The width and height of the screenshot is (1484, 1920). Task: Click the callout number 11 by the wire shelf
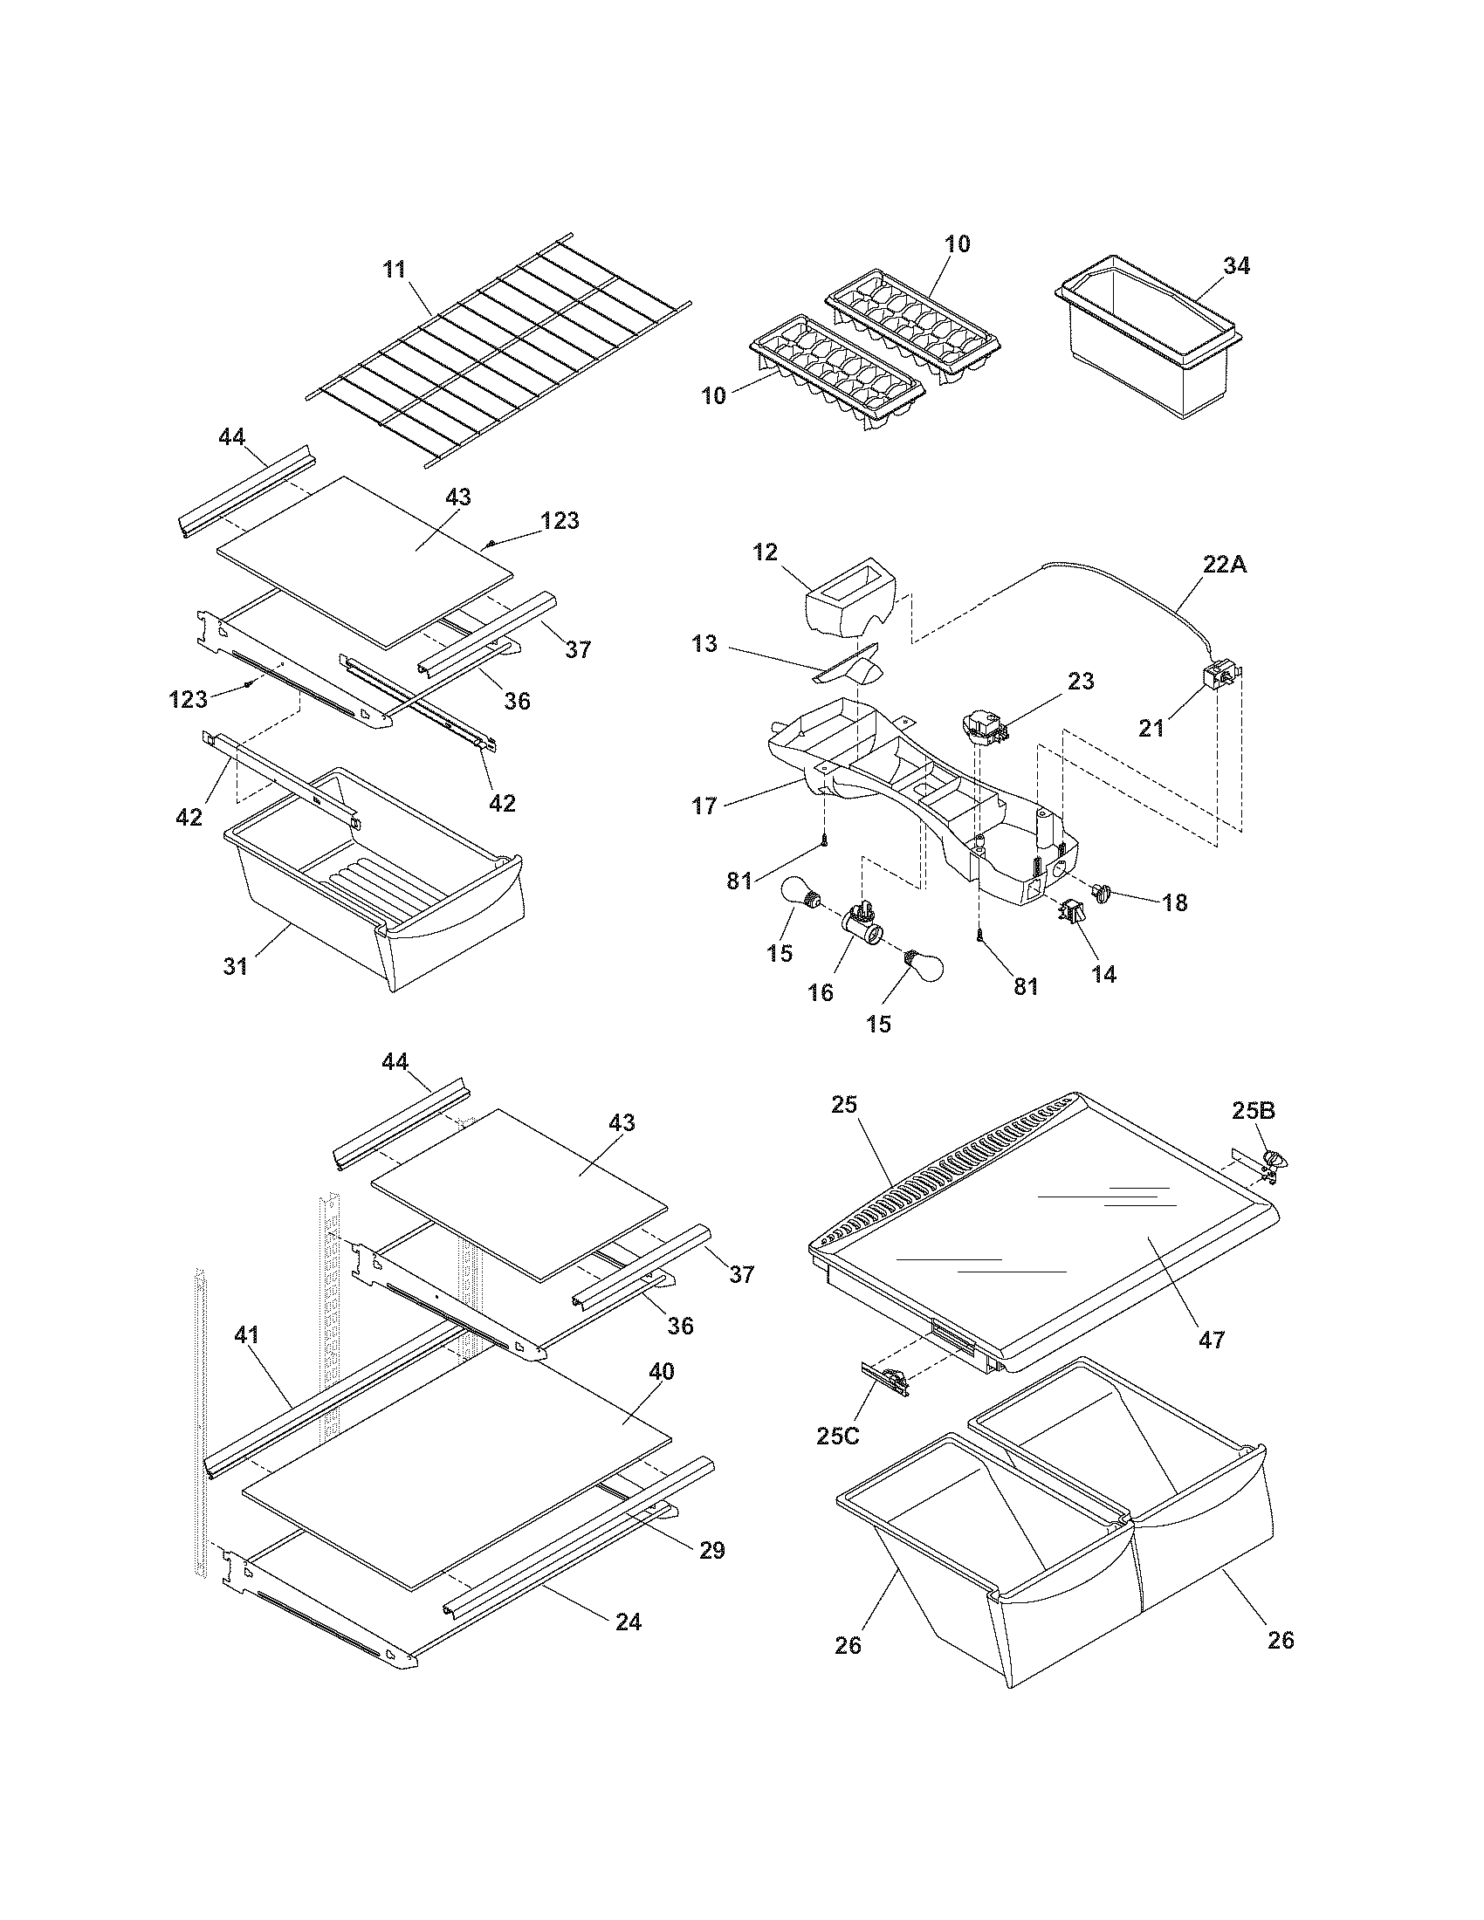pyautogui.click(x=395, y=269)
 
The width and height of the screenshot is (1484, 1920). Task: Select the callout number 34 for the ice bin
pyautogui.click(x=1236, y=266)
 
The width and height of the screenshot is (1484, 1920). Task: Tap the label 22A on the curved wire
pyautogui.click(x=1225, y=566)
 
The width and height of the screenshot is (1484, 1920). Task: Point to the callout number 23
pyautogui.click(x=1081, y=682)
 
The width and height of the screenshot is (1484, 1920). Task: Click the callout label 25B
pyautogui.click(x=1252, y=1111)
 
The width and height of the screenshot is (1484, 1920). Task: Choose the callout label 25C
pyautogui.click(x=838, y=1436)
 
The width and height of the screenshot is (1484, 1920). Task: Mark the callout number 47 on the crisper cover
pyautogui.click(x=1211, y=1340)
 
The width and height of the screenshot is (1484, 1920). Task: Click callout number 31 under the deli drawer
pyautogui.click(x=235, y=966)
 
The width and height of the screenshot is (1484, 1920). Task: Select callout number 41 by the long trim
pyautogui.click(x=246, y=1334)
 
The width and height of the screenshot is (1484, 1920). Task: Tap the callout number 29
pyautogui.click(x=711, y=1550)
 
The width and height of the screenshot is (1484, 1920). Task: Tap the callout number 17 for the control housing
pyautogui.click(x=704, y=806)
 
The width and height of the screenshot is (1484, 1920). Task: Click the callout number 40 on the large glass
pyautogui.click(x=661, y=1371)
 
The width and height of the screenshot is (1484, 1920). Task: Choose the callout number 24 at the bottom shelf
pyautogui.click(x=628, y=1622)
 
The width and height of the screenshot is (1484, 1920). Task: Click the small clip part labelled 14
pyautogui.click(x=1073, y=915)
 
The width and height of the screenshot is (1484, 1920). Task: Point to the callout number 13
pyautogui.click(x=704, y=644)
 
